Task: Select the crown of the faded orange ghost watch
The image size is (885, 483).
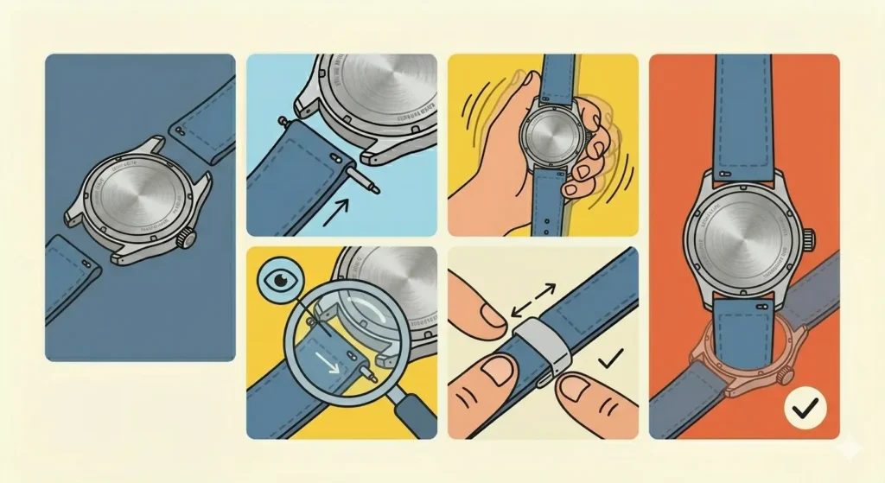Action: pos(787,377)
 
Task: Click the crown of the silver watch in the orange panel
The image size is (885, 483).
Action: pos(812,235)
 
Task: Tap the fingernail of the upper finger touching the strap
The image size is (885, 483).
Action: pos(489,315)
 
